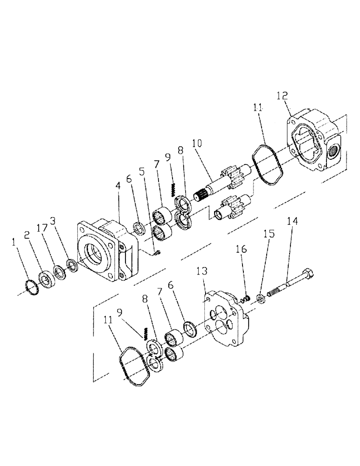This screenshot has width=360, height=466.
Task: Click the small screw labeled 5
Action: click(158, 253)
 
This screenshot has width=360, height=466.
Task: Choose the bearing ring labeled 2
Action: click(47, 279)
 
